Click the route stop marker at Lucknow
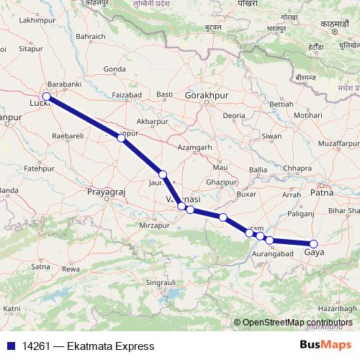tap(46, 96)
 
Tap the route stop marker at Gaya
tap(313, 243)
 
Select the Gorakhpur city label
tap(206, 95)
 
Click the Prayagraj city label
tap(106, 193)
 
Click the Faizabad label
tap(127, 94)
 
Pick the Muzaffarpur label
tap(336, 144)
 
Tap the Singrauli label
tap(162, 283)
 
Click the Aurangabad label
tap(273, 255)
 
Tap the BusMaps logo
tap(325, 345)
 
